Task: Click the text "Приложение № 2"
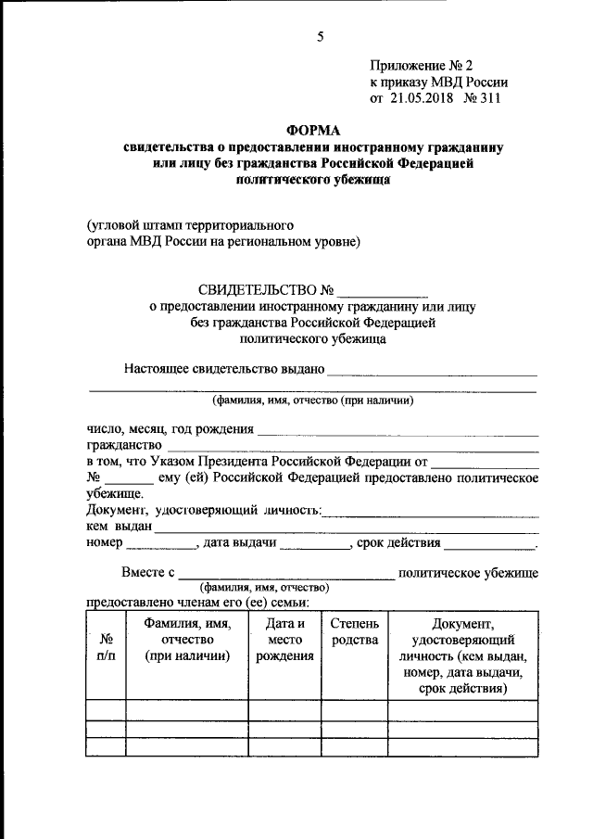[420, 66]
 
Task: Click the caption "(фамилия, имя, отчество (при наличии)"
[311, 400]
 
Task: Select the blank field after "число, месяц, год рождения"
[397, 430]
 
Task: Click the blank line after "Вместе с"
[287, 575]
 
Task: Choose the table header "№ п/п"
[107, 647]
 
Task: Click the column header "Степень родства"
[354, 632]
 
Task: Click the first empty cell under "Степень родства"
[354, 710]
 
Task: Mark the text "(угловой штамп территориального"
[190, 225]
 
